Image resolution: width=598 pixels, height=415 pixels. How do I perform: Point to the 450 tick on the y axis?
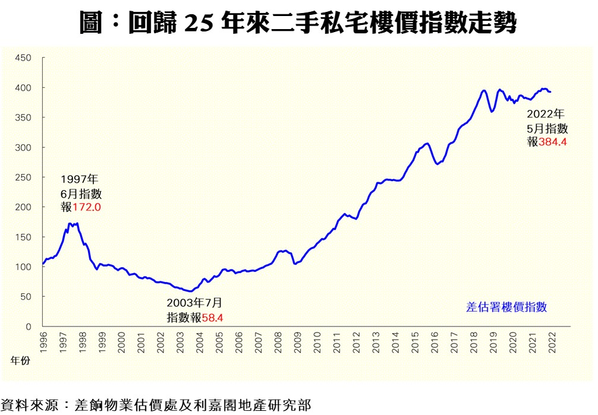[x=23, y=58]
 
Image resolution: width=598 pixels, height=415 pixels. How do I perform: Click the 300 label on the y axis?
[x=23, y=147]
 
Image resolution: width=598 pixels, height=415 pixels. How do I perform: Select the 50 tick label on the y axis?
[x=26, y=296]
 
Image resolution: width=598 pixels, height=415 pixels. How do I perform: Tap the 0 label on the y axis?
[x=28, y=326]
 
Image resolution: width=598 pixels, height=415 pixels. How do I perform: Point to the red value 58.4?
[x=212, y=318]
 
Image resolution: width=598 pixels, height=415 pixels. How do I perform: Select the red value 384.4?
[x=552, y=142]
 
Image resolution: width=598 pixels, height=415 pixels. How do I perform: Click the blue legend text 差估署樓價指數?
[x=506, y=307]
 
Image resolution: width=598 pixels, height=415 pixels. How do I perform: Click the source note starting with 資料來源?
[x=156, y=406]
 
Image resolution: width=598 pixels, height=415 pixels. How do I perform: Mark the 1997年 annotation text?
[x=79, y=179]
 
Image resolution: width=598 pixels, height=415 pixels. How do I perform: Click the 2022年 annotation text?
[x=546, y=114]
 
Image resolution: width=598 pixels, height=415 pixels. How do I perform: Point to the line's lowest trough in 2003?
[x=190, y=292]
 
